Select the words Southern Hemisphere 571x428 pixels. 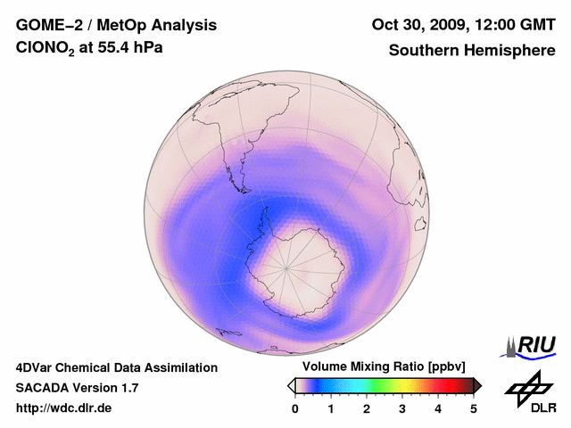pyautogui.click(x=472, y=50)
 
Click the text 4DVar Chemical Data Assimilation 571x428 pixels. pyautogui.click(x=116, y=367)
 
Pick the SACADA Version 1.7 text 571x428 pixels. pyautogui.click(x=77, y=388)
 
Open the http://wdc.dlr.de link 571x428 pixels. pyautogui.click(x=64, y=408)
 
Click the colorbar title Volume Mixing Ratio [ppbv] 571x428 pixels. pyautogui.click(x=385, y=367)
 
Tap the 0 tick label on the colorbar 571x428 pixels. pyautogui.click(x=295, y=408)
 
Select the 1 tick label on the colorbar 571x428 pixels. pyautogui.click(x=331, y=408)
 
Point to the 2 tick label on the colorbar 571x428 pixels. pyautogui.click(x=367, y=408)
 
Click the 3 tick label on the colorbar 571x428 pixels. pyautogui.click(x=402, y=408)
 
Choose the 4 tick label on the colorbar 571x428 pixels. pyautogui.click(x=438, y=408)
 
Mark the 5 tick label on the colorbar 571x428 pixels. pyautogui.click(x=474, y=408)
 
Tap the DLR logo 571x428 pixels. pyautogui.click(x=531, y=392)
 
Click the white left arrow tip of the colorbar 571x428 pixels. pyautogui.click(x=291, y=385)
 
